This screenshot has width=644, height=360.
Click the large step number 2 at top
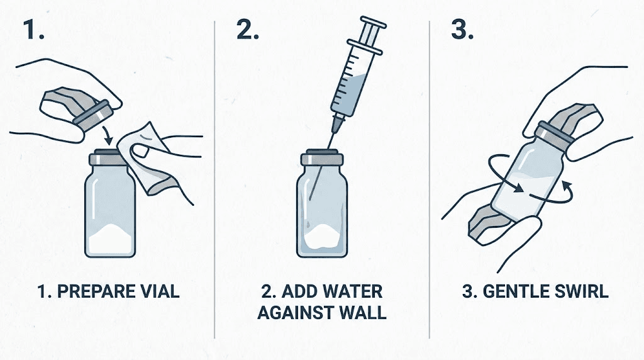247,30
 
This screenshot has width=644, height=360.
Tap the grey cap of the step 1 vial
110,158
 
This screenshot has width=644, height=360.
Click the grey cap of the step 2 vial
322,159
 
